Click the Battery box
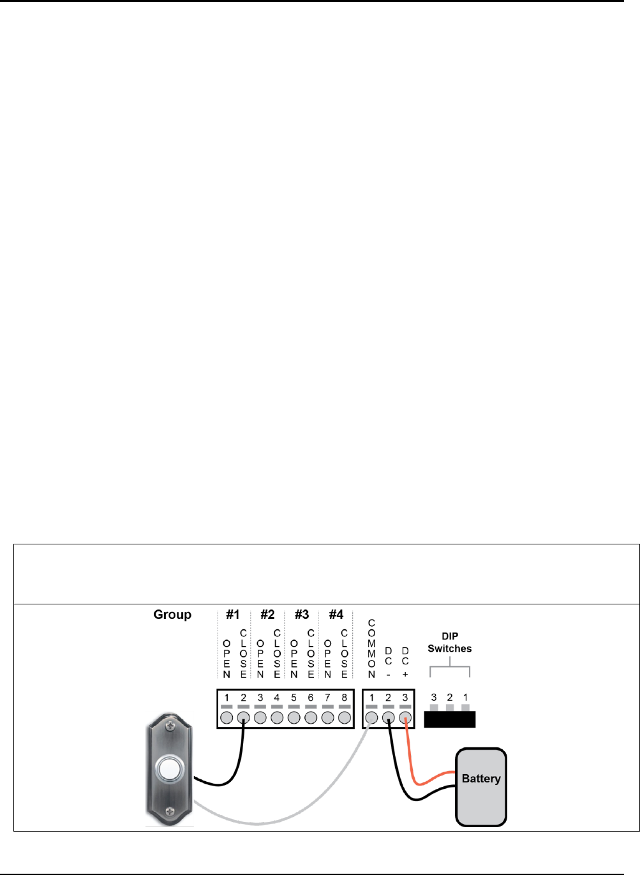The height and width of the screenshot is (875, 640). (480, 787)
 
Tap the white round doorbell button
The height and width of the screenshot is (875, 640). (170, 769)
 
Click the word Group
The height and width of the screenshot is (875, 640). (172, 615)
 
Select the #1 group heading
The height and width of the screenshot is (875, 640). (233, 615)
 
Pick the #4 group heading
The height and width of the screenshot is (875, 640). (336, 615)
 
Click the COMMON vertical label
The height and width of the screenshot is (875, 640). (371, 648)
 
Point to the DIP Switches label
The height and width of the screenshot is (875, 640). (450, 643)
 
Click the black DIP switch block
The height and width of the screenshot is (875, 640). (450, 719)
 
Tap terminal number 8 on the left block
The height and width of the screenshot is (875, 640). (345, 698)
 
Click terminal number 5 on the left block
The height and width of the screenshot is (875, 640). (294, 698)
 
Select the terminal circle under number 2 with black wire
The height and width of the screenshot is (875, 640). (243, 718)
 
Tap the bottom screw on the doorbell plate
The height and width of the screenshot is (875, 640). (170, 811)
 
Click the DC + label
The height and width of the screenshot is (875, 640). (405, 662)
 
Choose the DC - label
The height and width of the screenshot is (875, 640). (388, 662)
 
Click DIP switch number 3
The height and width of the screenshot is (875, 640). (434, 708)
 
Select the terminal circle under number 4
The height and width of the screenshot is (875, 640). (277, 718)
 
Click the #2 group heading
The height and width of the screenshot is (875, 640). (267, 615)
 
